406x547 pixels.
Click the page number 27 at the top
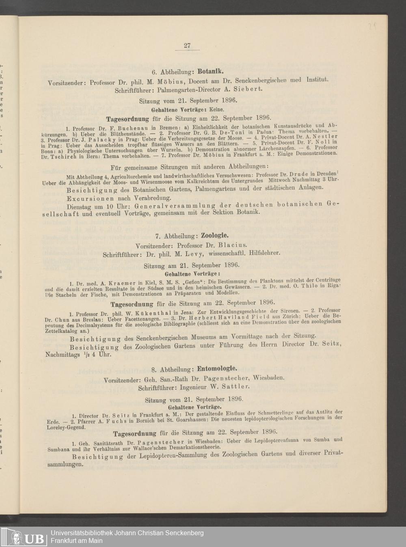pyautogui.click(x=187, y=46)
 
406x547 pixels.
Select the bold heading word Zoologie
pyautogui.click(x=215, y=236)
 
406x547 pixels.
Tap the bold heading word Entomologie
pyautogui.click(x=217, y=369)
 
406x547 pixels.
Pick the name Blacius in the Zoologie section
pyautogui.click(x=233, y=246)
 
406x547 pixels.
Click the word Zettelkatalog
pyautogui.click(x=59, y=331)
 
